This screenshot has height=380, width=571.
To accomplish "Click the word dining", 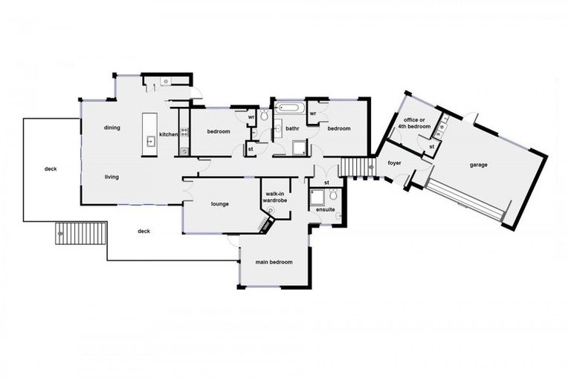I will [112, 128].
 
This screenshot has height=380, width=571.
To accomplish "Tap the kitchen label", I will [168, 134].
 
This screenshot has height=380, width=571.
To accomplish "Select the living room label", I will [112, 177].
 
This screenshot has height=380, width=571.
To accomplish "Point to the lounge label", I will [219, 204].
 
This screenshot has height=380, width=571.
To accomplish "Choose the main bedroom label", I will [274, 262].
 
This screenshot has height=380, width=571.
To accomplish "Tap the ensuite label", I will [326, 209].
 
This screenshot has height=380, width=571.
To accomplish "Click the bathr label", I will [291, 128].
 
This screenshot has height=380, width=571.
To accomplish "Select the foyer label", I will [394, 163].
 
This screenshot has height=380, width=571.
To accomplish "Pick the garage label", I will [479, 165].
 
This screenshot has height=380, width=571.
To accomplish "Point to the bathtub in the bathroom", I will [288, 109].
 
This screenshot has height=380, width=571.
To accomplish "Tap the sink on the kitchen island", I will [149, 140].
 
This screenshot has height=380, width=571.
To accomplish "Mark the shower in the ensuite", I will [317, 196].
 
